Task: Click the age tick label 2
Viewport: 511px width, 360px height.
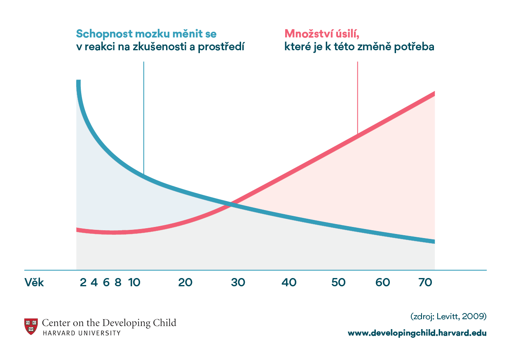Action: [83, 283]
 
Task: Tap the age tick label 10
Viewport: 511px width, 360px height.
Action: [134, 283]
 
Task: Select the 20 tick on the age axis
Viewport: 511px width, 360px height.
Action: [185, 283]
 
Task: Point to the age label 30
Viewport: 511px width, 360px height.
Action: [238, 283]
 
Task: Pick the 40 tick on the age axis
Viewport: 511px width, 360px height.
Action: [289, 283]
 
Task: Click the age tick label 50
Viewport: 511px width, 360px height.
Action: [338, 283]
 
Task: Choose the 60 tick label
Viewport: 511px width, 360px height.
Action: [383, 283]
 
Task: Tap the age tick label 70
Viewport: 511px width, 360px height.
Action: [426, 283]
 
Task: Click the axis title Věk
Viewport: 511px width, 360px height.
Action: [34, 283]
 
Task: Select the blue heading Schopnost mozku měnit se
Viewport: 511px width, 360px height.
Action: [146, 33]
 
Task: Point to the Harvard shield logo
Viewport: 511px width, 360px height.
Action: [31, 326]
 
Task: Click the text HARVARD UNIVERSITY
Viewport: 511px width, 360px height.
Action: [82, 333]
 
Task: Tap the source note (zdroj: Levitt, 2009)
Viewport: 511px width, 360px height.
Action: [448, 316]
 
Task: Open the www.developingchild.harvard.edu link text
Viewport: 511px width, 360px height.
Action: [417, 333]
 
